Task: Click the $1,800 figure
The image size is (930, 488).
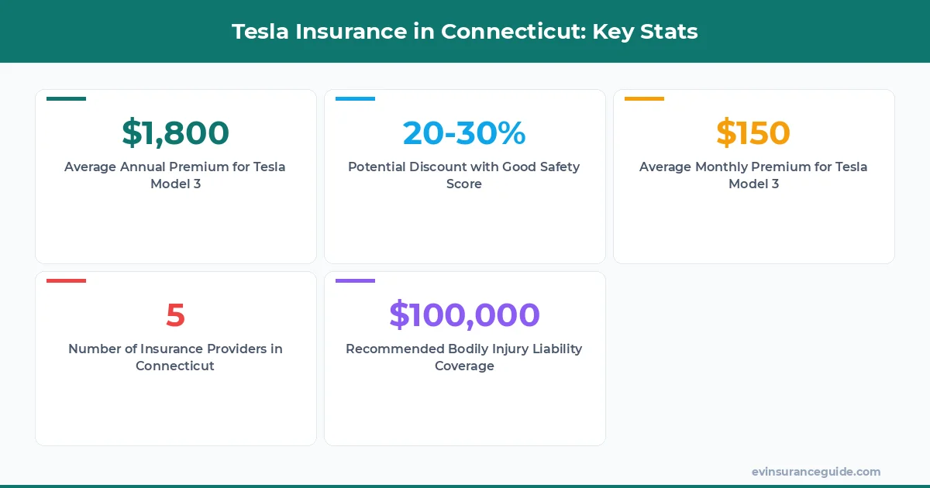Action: (x=175, y=133)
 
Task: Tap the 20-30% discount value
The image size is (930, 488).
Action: (x=464, y=133)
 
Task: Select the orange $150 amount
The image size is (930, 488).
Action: (x=753, y=133)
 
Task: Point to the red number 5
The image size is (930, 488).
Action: (x=175, y=315)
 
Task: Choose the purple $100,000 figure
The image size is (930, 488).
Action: (x=464, y=315)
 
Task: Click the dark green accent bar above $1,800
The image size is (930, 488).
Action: (x=66, y=99)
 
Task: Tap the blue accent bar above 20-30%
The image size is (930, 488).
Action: (x=355, y=99)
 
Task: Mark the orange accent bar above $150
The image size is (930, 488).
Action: (x=644, y=99)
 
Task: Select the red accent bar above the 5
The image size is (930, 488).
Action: (x=66, y=280)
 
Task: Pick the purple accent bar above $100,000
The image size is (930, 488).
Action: (x=355, y=280)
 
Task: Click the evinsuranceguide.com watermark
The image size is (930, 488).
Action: (x=815, y=472)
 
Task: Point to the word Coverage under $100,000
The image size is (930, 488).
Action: (x=464, y=366)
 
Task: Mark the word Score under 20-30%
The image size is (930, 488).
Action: (x=464, y=184)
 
